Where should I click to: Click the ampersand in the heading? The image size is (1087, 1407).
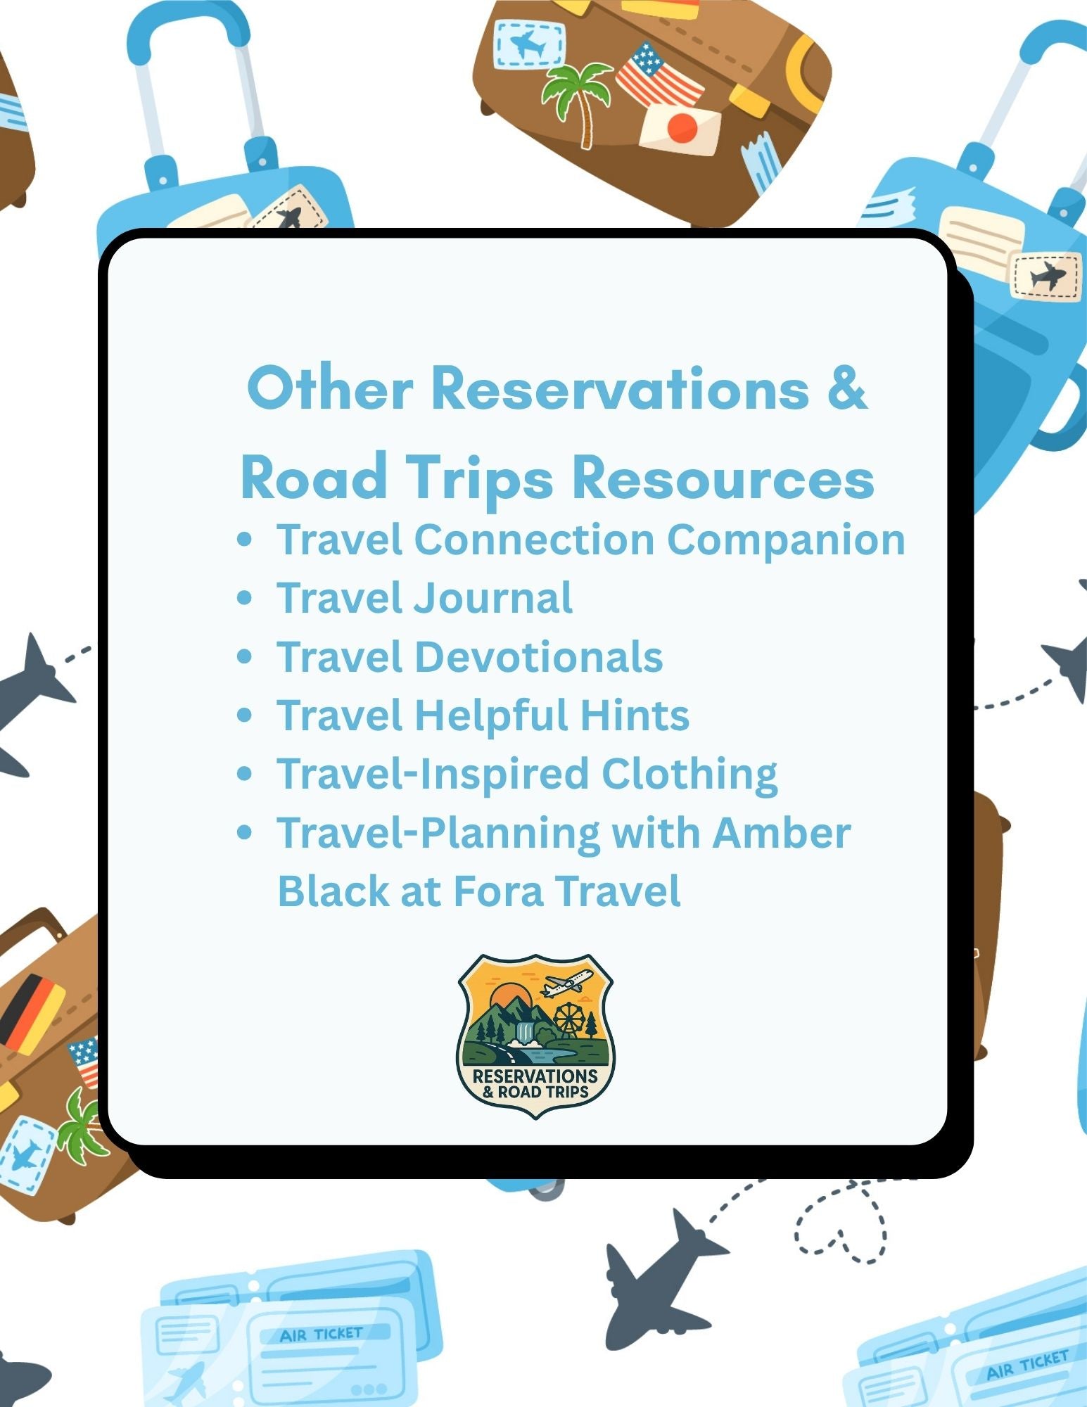tap(848, 389)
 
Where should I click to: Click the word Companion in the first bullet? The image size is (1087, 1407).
tap(785, 540)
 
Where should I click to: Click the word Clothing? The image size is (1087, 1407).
tap(689, 775)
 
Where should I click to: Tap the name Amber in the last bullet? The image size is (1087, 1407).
tap(781, 833)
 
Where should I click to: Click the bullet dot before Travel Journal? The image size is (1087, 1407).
tap(245, 599)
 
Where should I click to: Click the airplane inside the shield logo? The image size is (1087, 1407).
tap(567, 983)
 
